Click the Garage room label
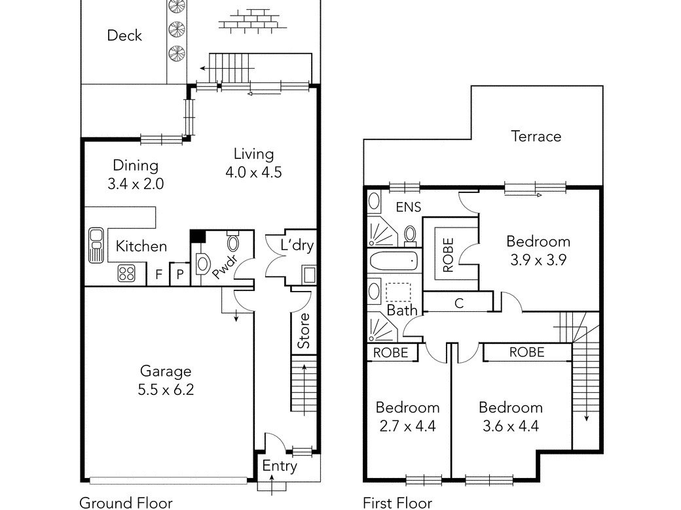166,371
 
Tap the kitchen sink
96,245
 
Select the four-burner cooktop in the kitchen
126,274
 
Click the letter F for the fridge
159,274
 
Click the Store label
304,330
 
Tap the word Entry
280,466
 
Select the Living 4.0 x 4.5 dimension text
253,172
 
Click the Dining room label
136,165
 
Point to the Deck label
124,35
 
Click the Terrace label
536,136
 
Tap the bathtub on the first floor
394,262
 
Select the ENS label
408,207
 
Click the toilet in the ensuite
410,235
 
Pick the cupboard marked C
458,302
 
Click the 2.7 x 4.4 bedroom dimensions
407,426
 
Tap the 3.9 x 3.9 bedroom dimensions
538,260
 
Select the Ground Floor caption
126,503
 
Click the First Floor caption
397,503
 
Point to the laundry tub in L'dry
309,275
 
